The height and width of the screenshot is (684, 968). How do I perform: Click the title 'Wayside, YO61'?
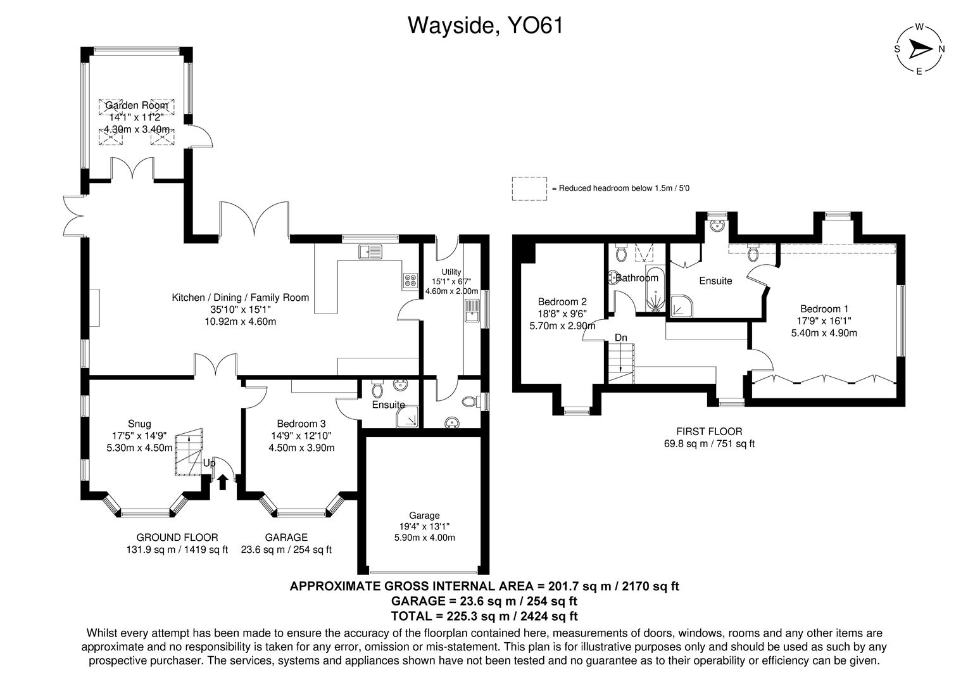pos(485,25)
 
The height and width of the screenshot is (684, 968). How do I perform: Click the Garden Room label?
pos(137,105)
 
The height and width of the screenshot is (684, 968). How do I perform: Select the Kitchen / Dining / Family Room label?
pos(241,297)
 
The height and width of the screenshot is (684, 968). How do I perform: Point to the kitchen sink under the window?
pos(370,252)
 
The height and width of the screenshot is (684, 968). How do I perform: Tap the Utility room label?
pos(451,272)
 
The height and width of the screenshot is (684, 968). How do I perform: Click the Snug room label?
pos(139,424)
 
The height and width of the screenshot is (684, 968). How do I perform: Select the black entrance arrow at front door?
pos(222,482)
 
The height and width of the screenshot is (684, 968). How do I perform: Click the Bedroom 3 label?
pos(301,424)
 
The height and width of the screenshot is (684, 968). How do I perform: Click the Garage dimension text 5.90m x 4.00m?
pos(424,538)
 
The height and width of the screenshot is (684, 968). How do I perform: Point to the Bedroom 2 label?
pos(562,301)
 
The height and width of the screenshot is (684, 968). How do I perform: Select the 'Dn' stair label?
pos(620,338)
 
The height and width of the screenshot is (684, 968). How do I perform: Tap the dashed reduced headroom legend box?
pos(529,189)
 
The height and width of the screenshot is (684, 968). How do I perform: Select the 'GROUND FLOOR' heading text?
pos(177,537)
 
